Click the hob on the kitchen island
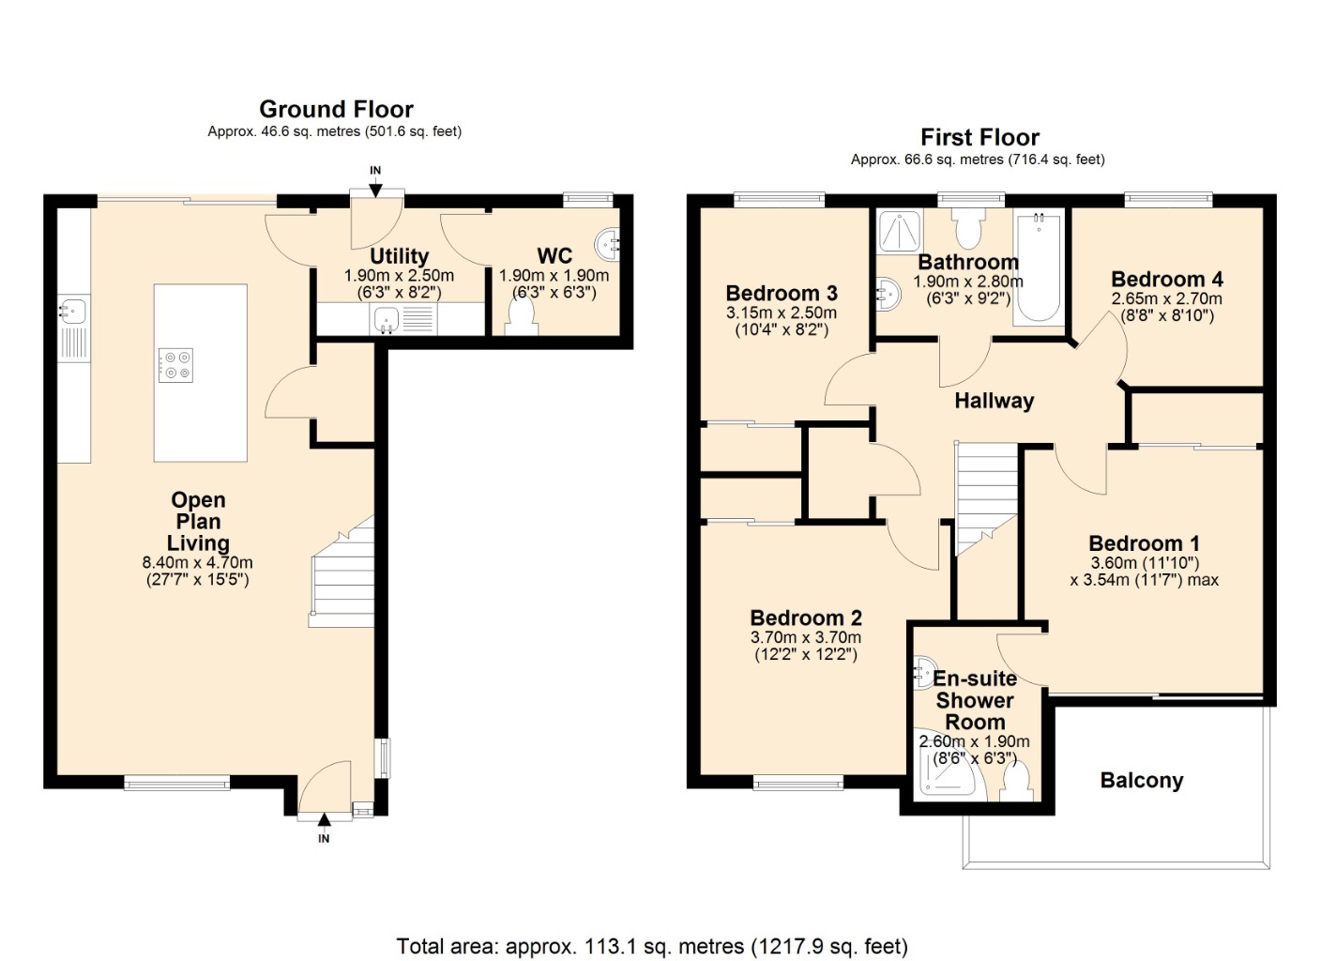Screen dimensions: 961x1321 175,365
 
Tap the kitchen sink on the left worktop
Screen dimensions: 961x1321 72,310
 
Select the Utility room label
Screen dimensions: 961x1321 399,256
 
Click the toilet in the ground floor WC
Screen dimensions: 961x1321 523,317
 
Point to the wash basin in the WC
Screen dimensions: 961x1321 608,245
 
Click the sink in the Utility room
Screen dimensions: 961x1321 387,320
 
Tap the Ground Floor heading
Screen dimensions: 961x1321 336,109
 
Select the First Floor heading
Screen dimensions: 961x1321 979,137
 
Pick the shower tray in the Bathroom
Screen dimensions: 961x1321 900,231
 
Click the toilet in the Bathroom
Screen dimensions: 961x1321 967,226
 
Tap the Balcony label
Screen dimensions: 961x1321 1141,780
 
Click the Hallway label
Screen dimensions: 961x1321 994,401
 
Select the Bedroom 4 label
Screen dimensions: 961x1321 1166,279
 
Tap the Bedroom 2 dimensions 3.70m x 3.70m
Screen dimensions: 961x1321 805,637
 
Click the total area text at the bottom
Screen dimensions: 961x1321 652,946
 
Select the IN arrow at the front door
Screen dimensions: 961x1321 324,823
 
